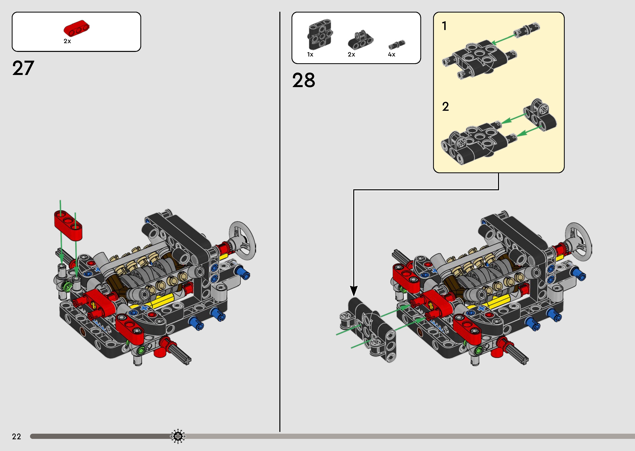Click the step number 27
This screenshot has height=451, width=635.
(23, 68)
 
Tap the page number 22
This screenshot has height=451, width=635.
(16, 436)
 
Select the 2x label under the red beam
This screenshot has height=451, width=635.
(67, 41)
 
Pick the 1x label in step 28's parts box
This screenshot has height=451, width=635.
(310, 54)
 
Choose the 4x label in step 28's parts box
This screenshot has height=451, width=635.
(391, 54)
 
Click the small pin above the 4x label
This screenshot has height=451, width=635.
(397, 44)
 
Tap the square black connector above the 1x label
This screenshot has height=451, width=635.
(320, 34)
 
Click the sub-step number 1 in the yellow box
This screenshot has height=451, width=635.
(444, 26)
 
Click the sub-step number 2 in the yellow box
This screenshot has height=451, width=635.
(445, 107)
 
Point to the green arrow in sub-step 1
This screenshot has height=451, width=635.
(503, 39)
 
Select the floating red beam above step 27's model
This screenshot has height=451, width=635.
(68, 225)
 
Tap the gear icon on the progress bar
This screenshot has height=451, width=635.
(178, 436)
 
